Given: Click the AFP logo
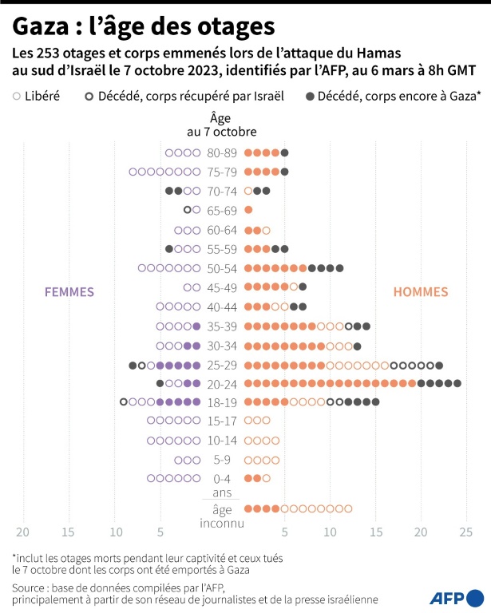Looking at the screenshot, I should (x=457, y=597).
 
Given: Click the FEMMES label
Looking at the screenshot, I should (x=69, y=291).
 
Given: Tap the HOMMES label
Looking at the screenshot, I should (x=421, y=291).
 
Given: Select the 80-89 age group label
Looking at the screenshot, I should (x=221, y=152).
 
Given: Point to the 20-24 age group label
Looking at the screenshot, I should (x=221, y=383).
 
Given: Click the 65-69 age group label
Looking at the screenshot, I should (x=221, y=210).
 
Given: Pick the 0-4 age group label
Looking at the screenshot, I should (x=221, y=478).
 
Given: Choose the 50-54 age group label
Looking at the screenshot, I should (x=221, y=268).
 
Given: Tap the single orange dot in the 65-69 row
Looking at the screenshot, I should (x=248, y=210).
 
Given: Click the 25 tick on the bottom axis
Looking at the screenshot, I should (x=466, y=532).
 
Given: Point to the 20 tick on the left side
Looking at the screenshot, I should (x=22, y=532).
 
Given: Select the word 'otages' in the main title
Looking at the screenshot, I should (x=240, y=27).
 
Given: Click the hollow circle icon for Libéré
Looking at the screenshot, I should (x=17, y=97).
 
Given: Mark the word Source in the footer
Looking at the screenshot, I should (x=33, y=587).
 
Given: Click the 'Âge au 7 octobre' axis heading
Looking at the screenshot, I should (x=221, y=125).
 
